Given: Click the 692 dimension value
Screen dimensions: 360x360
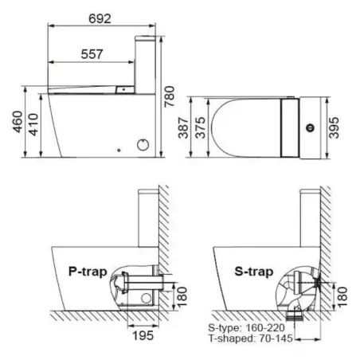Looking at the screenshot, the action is click(100, 19).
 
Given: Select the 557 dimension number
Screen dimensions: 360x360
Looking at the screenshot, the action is click(92, 54).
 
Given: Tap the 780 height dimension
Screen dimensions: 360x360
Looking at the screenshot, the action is click(169, 96).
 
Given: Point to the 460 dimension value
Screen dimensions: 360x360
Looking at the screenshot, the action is click(18, 122).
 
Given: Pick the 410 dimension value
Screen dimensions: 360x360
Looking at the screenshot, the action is click(33, 124).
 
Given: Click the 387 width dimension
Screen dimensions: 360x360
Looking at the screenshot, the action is click(183, 127).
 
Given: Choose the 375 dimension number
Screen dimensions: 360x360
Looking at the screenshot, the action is click(201, 127).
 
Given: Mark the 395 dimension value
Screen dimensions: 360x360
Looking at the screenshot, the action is click(334, 127).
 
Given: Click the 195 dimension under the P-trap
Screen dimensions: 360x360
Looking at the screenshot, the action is click(143, 335).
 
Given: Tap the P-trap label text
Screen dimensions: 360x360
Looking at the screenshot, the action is click(88, 272).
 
